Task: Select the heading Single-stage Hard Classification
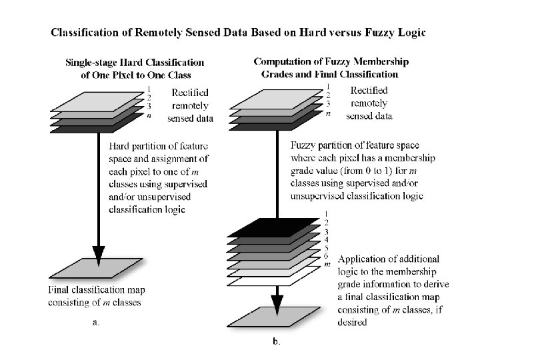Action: click(134, 63)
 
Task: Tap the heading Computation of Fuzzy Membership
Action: click(331, 61)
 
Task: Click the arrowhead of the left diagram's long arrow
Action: click(99, 254)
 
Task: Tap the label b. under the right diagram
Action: click(277, 342)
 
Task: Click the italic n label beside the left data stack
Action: click(149, 115)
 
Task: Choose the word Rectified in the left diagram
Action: click(191, 93)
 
